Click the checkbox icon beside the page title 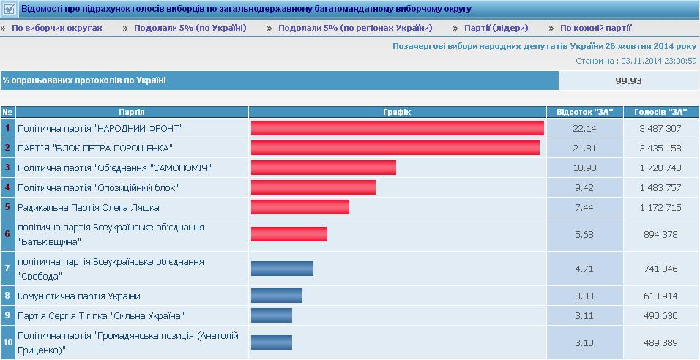pyautogui.click(x=10, y=9)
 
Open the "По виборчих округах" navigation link pyautogui.click(x=57, y=28)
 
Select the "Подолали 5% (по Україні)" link pyautogui.click(x=190, y=28)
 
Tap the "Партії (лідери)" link pyautogui.click(x=496, y=28)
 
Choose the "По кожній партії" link pyautogui.click(x=595, y=28)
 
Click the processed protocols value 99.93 pyautogui.click(x=628, y=80)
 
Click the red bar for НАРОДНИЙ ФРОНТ pyautogui.click(x=398, y=128)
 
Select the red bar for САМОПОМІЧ pyautogui.click(x=324, y=168)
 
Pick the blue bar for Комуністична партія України pyautogui.click(x=277, y=296)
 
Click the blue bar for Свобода pyautogui.click(x=282, y=269)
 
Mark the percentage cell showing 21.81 pyautogui.click(x=584, y=148)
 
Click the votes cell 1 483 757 pyautogui.click(x=660, y=188)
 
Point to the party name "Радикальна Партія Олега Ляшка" pyautogui.click(x=89, y=208)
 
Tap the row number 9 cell pyautogui.click(x=7, y=316)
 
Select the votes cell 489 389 pyautogui.click(x=660, y=343)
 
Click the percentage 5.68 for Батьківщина pyautogui.click(x=584, y=235)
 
